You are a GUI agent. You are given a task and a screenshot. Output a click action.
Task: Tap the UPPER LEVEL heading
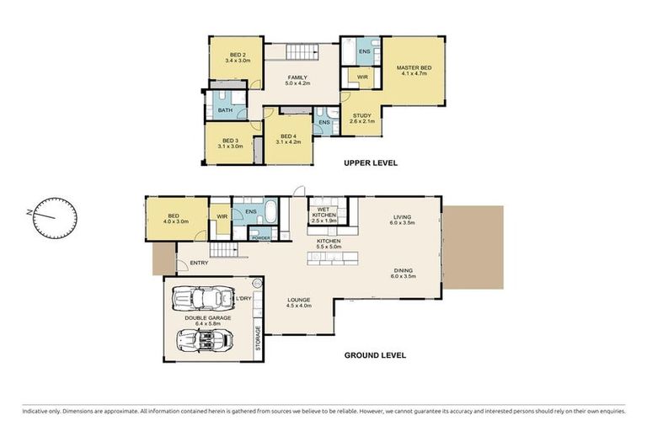370,162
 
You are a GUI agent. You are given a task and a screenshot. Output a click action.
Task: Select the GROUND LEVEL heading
375,355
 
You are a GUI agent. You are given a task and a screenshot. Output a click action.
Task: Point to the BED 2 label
238,57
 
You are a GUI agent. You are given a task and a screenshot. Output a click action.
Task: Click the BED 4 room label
289,139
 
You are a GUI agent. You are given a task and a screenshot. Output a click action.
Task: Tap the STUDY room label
361,119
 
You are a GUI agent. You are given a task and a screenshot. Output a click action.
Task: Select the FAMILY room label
297,81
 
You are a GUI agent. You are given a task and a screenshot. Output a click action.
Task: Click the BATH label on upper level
225,110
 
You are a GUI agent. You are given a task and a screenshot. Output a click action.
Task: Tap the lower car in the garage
203,339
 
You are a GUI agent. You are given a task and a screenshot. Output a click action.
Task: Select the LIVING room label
402,221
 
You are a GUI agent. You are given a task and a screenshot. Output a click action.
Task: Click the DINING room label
403,272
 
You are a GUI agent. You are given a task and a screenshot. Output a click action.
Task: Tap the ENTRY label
199,263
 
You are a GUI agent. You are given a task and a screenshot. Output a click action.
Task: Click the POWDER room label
259,238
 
